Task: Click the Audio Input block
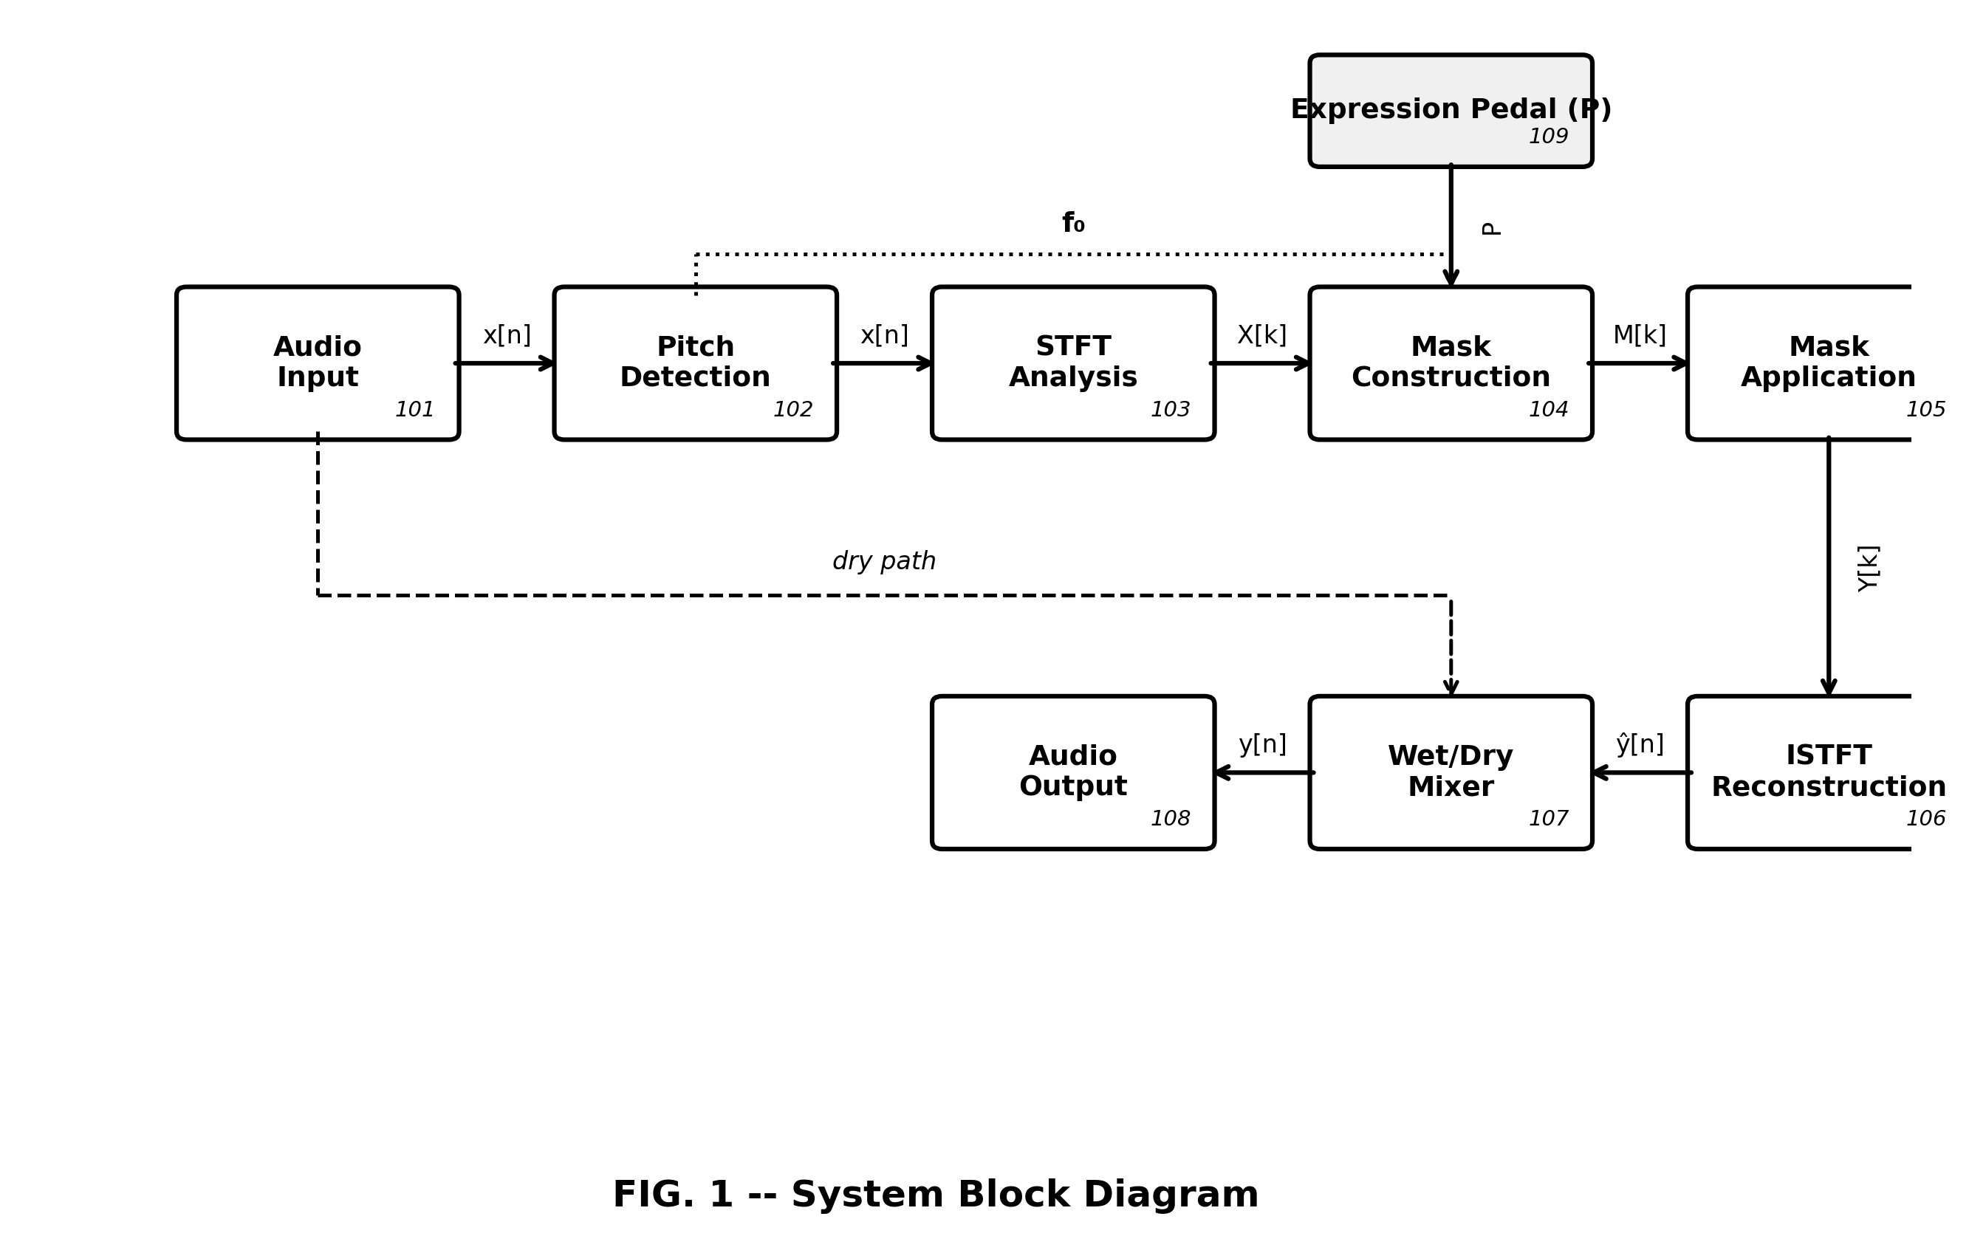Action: click(318, 363)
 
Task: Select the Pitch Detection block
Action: click(695, 363)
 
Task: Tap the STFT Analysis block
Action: click(1073, 363)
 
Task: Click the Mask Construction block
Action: click(1451, 363)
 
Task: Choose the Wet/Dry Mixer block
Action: click(1451, 772)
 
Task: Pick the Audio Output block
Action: click(1073, 772)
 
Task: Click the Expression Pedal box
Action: click(1451, 110)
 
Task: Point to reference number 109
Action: click(1548, 137)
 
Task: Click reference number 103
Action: click(1170, 411)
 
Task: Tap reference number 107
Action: click(1548, 819)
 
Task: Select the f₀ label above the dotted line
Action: click(1073, 223)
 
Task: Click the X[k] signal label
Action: click(1261, 335)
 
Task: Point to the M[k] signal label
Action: click(1640, 335)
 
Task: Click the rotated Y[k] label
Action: click(1869, 568)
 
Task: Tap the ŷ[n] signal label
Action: click(1640, 744)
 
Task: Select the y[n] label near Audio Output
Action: click(1262, 744)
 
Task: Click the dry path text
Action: click(884, 562)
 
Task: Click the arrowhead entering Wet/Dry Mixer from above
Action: click(1451, 687)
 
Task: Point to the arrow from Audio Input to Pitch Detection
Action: click(505, 363)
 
